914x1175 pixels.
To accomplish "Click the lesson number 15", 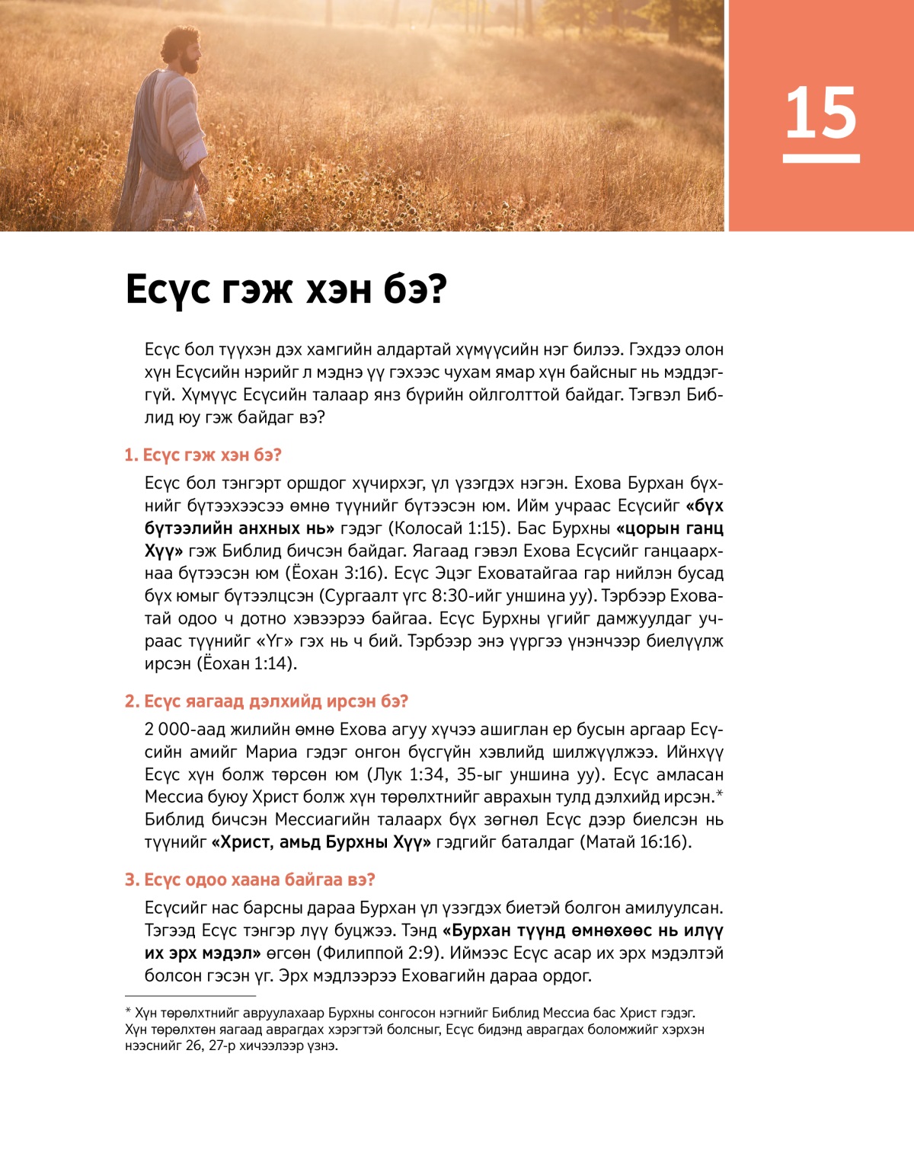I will coord(820,113).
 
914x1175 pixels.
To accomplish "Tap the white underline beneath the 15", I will coord(821,158).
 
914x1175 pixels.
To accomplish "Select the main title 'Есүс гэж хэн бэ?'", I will coord(286,289).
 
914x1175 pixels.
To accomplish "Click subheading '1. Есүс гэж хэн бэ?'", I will coord(203,455).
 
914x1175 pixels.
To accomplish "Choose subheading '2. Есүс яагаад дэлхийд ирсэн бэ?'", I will coord(267,701).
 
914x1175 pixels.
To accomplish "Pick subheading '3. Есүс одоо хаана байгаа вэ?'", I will coord(250,880).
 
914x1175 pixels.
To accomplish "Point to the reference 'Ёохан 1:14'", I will coord(247,664).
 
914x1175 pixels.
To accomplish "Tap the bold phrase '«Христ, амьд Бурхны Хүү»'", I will coord(321,842).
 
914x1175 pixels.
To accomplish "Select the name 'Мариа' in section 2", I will coord(271,752).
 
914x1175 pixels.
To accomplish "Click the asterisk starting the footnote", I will coord(128,1013).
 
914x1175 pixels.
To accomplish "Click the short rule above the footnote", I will coord(190,995).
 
